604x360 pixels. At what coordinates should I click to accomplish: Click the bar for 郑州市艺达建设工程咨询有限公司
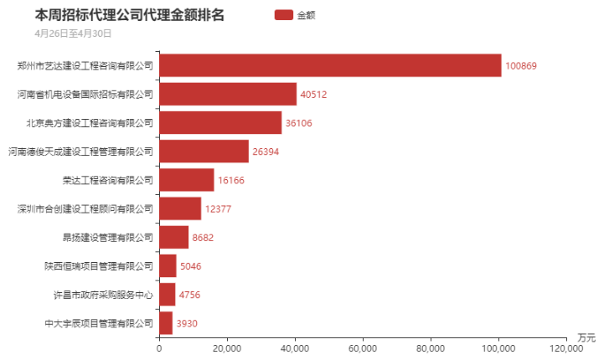(330, 65)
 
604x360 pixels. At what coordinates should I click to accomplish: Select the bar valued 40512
(228, 94)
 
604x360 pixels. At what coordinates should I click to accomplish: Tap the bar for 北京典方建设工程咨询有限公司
(220, 122)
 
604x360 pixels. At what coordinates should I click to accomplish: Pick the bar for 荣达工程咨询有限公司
(186, 180)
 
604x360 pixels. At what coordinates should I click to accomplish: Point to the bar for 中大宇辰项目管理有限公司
(166, 323)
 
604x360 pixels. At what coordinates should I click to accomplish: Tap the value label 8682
(203, 238)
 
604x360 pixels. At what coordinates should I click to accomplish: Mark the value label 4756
(189, 295)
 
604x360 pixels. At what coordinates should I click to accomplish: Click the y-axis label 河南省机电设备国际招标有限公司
(85, 94)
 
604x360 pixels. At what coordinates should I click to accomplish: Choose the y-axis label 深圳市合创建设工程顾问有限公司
(85, 208)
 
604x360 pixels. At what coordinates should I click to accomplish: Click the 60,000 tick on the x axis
(363, 348)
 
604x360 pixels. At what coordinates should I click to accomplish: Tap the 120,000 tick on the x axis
(566, 348)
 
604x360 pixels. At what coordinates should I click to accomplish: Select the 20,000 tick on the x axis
(227, 348)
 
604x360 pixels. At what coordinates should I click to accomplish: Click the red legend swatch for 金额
(284, 15)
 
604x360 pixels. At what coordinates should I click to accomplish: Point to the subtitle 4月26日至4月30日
(73, 33)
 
